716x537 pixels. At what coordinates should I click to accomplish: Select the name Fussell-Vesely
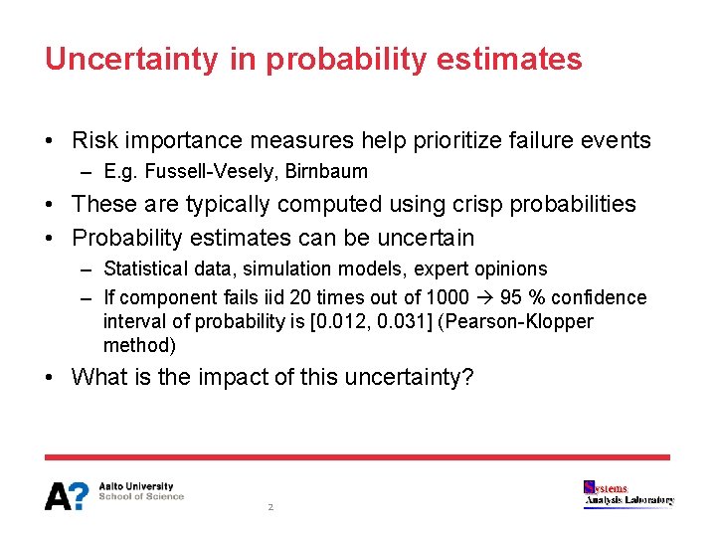(x=212, y=172)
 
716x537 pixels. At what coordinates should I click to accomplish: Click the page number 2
(x=269, y=507)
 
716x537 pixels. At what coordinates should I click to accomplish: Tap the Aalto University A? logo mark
(x=67, y=495)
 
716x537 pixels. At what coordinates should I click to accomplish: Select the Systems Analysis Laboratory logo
(x=628, y=494)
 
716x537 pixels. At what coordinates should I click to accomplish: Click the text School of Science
(x=141, y=496)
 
